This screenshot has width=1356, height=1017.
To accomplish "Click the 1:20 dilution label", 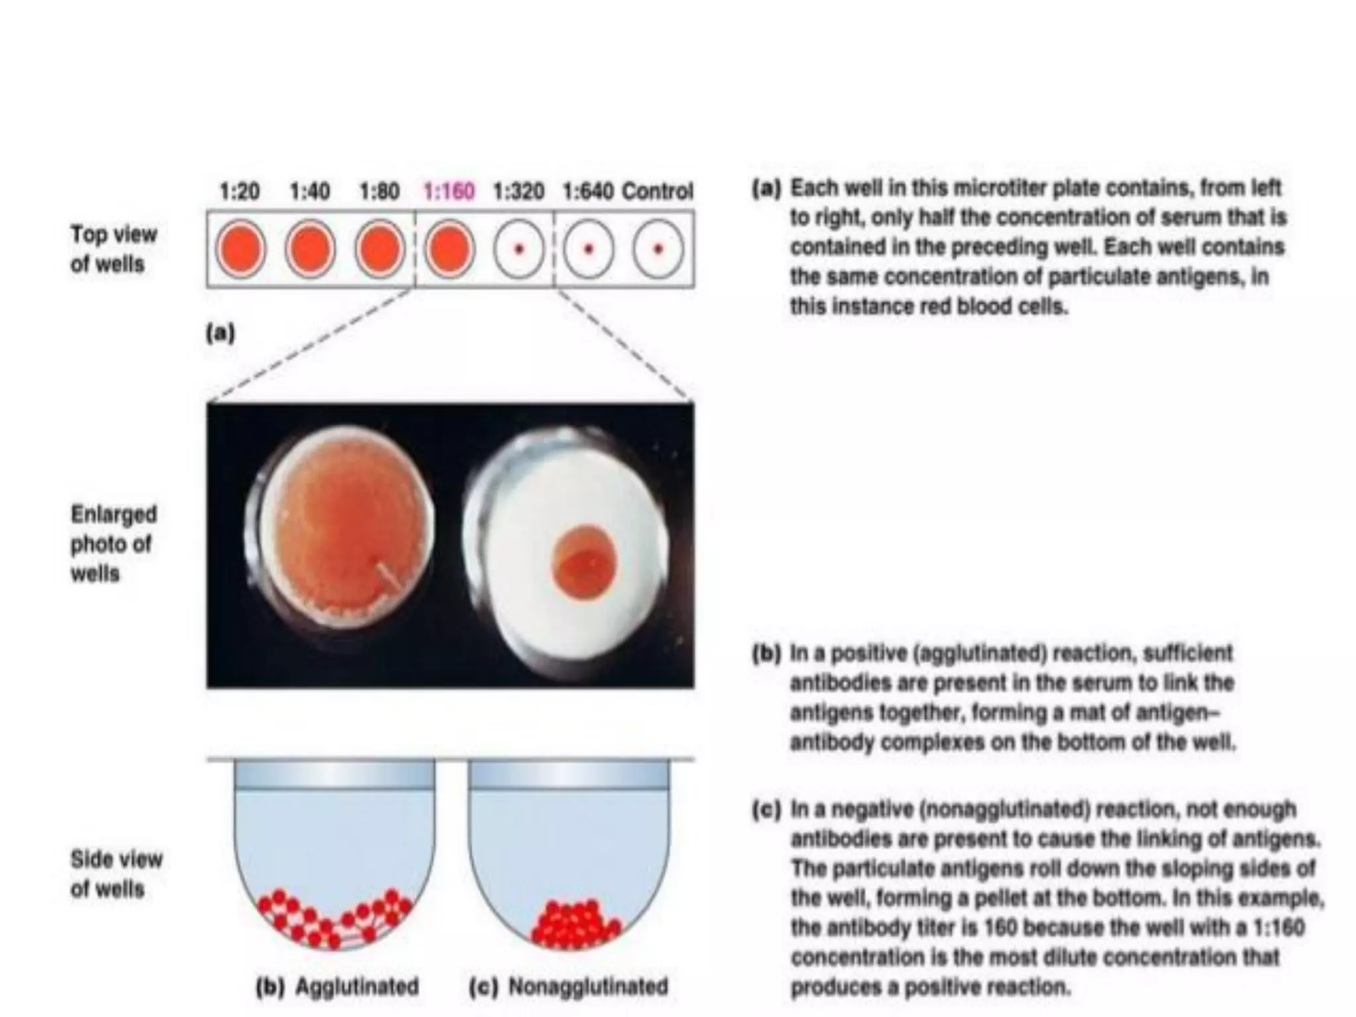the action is pyautogui.click(x=239, y=192).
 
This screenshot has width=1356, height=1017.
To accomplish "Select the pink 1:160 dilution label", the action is pyautogui.click(x=449, y=192).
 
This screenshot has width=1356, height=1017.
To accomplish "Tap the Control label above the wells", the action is pyautogui.click(x=657, y=191).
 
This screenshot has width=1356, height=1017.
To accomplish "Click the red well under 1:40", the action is pyautogui.click(x=310, y=250).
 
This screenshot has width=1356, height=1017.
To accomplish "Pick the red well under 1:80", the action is pyautogui.click(x=379, y=250).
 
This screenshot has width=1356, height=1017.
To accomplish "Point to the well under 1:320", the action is pyautogui.click(x=519, y=250).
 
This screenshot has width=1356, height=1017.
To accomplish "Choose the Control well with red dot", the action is pyautogui.click(x=658, y=250).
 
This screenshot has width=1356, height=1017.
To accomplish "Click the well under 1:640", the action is pyautogui.click(x=589, y=250).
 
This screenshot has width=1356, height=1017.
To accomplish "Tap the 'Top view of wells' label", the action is pyautogui.click(x=113, y=249).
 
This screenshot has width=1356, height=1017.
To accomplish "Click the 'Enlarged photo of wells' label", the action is pyautogui.click(x=113, y=544).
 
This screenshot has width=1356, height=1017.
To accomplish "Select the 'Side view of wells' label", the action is pyautogui.click(x=116, y=874).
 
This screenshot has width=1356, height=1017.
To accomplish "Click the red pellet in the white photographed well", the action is pyautogui.click(x=583, y=561).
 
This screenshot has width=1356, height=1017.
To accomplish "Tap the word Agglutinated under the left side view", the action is pyautogui.click(x=357, y=987).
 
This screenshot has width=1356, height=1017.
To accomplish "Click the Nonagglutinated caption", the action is pyautogui.click(x=588, y=987).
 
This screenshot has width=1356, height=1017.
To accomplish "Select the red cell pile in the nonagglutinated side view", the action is pyautogui.click(x=575, y=924).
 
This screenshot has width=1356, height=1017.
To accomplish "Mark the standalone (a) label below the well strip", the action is pyautogui.click(x=220, y=332).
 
